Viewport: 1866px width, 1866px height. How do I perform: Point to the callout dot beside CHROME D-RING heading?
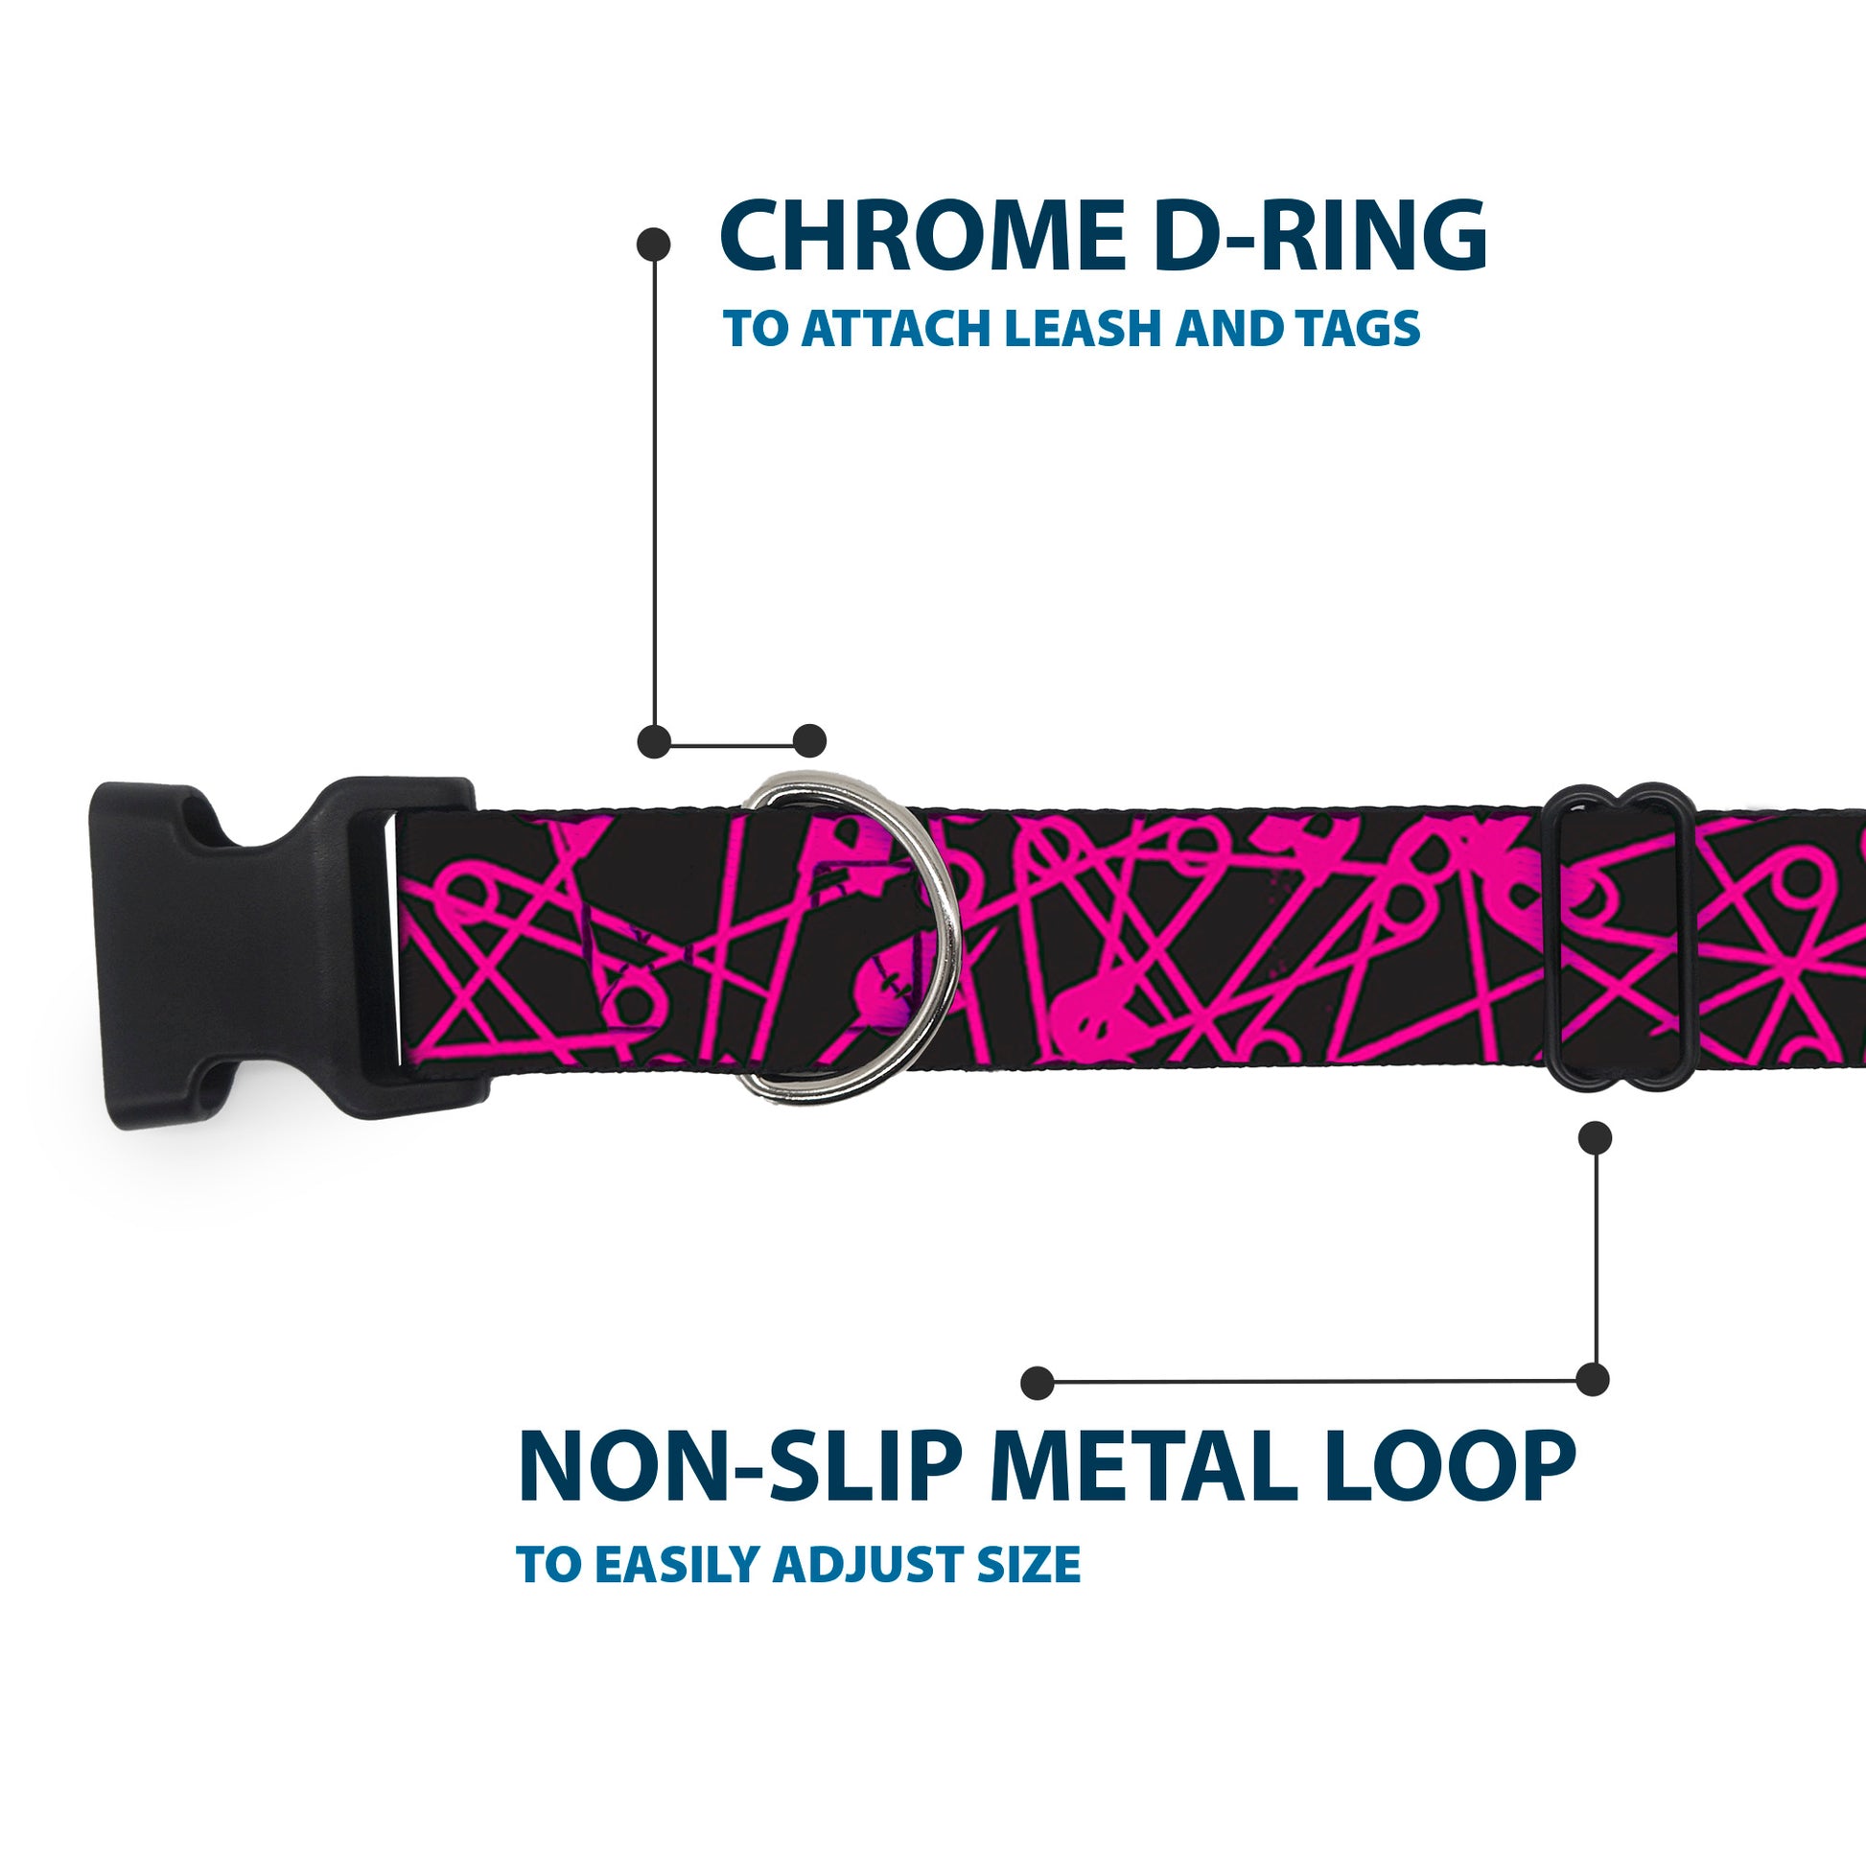[x=655, y=244]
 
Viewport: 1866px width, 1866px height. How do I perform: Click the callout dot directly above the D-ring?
[x=809, y=741]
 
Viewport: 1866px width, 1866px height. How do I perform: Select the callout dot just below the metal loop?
[x=1595, y=1138]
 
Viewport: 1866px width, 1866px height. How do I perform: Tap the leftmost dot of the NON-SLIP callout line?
[x=1038, y=1383]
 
